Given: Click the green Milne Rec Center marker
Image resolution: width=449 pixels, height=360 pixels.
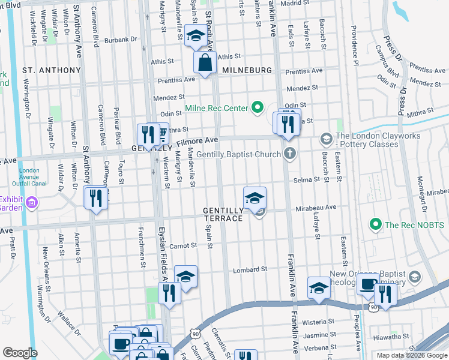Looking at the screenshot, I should (258, 108).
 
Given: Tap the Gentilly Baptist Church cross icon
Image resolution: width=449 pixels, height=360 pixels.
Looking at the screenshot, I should (290, 154).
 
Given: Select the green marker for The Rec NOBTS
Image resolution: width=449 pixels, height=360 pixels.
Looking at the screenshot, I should (376, 225).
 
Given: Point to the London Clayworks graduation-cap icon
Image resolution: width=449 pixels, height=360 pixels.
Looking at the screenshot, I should (326, 139).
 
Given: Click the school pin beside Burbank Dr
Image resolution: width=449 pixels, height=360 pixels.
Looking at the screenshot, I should (195, 37).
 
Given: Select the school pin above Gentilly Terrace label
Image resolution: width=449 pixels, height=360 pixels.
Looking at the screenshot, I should (255, 198).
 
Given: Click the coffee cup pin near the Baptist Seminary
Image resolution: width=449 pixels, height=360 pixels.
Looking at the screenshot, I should (367, 284).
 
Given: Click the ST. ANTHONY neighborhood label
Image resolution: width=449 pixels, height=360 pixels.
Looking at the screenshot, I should (51, 70).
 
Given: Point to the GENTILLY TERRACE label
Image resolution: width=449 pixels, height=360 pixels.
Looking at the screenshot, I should (223, 215).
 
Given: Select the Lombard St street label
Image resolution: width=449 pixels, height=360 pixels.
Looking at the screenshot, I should (250, 269).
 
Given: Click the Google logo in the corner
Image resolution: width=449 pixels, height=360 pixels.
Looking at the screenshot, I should (20, 353).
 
